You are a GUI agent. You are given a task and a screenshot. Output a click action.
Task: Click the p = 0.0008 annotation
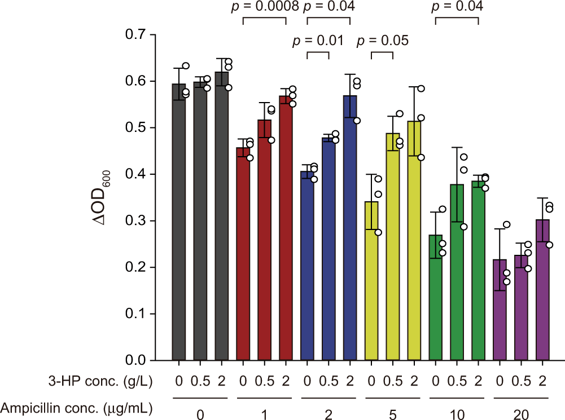264,7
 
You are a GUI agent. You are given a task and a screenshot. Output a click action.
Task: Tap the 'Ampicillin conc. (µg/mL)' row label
78,405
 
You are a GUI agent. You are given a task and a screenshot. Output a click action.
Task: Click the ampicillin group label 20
522,414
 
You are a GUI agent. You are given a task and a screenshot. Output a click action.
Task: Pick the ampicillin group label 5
393,414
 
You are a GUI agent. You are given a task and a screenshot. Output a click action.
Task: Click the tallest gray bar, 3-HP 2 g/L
222,216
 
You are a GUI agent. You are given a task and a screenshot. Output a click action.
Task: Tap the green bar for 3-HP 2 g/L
479,271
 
